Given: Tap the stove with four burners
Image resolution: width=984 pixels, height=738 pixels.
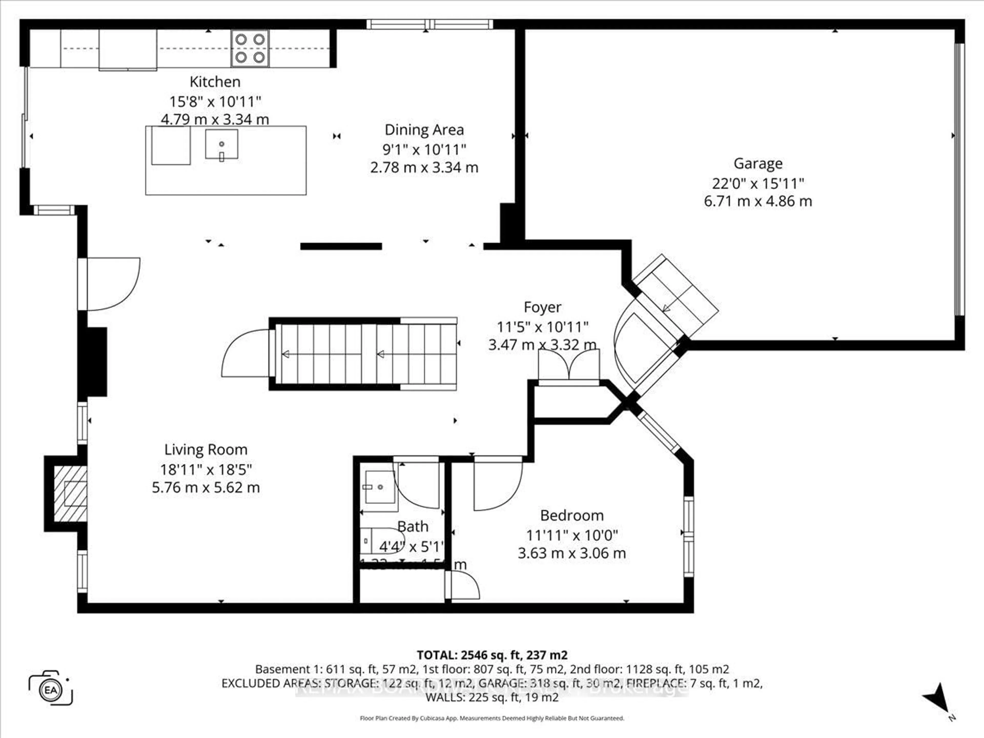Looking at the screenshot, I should [x=250, y=48].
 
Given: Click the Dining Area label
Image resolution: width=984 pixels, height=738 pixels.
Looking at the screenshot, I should [x=424, y=130].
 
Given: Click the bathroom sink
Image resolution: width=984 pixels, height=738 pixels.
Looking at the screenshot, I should [x=378, y=487].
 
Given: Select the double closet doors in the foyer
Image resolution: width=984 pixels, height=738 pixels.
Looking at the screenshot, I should [x=569, y=365].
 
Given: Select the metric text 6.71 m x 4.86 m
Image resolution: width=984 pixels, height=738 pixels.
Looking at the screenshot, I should [x=757, y=201].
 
